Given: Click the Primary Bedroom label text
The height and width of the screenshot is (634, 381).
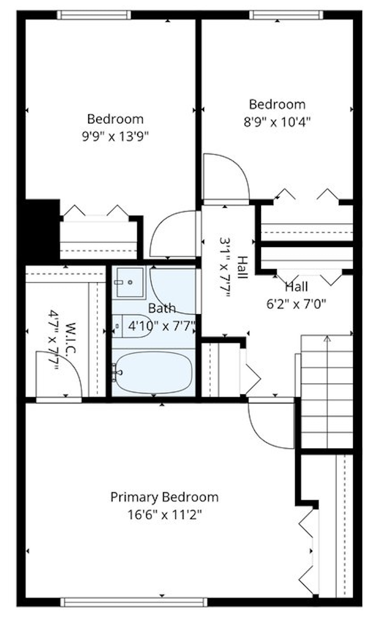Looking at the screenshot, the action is coord(164,497).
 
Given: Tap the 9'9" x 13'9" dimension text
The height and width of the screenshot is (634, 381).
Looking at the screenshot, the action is coord(115,136).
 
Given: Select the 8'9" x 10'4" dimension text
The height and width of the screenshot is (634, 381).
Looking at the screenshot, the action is coord(277,121).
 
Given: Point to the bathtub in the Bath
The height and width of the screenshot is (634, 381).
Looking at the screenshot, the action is coord(153,373).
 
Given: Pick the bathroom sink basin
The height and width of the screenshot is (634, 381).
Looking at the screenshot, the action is coord(129,282).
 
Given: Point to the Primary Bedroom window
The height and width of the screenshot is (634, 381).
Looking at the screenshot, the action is coord(134,603).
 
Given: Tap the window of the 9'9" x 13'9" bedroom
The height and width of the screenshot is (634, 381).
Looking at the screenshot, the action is coord(94,15).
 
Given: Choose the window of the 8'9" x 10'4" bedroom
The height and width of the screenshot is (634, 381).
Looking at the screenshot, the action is coord(286,15).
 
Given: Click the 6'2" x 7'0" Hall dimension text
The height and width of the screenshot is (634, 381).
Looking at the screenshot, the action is coord(296,304).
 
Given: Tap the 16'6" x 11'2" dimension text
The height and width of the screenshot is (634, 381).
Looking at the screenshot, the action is coord(164,515).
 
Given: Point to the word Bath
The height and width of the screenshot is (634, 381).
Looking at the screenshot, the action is coord(162,308).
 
